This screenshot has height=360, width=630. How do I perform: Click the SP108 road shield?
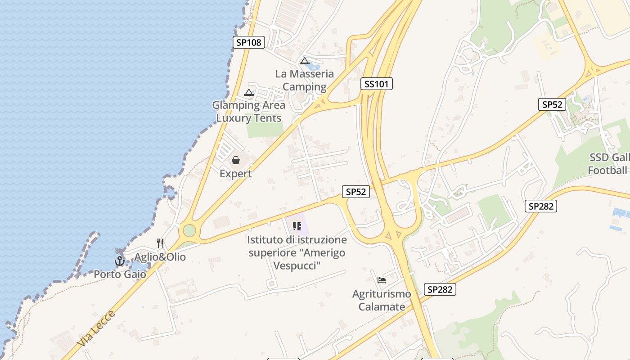(249, 42)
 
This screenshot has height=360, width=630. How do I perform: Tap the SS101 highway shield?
(376, 84)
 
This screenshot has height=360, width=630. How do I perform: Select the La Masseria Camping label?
(305, 80)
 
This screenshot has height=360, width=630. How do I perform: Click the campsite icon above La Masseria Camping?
(305, 61)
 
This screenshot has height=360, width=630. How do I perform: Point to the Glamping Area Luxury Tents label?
(249, 112)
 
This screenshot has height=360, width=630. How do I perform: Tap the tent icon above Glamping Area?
(249, 93)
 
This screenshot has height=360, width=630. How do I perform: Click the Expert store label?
(235, 173)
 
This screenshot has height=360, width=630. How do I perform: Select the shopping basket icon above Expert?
(235, 160)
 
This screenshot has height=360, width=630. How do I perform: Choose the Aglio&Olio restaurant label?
(160, 257)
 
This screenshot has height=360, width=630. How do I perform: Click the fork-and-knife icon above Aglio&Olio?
(160, 243)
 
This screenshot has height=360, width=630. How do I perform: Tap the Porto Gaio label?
(120, 274)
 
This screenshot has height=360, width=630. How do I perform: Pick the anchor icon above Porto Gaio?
(120, 261)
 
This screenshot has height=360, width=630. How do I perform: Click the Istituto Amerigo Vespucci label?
(297, 252)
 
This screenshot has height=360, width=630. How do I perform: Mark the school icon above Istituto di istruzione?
(297, 226)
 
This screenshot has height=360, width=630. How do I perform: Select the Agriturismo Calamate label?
(382, 300)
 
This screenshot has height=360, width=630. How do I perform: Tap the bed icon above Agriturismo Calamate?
(382, 280)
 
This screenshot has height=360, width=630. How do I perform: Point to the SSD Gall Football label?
(608, 164)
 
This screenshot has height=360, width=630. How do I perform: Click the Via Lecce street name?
(96, 328)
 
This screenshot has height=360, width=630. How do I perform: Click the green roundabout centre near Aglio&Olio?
(189, 230)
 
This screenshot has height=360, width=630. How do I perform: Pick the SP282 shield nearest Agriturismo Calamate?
(440, 289)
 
